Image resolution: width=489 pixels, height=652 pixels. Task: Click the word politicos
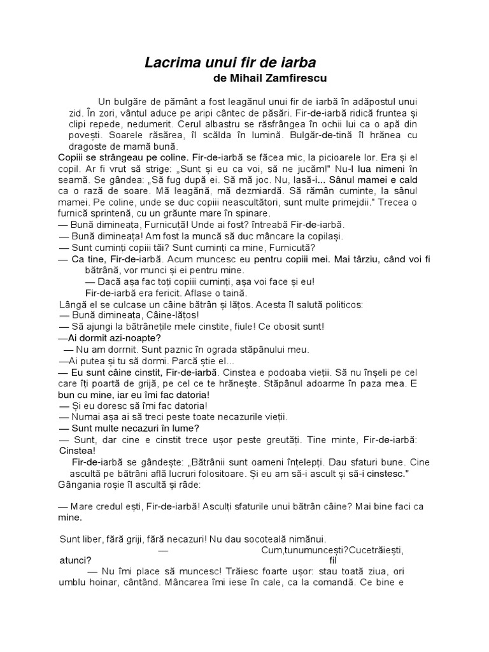(x=341, y=304)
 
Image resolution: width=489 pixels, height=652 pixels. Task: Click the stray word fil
(x=333, y=560)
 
